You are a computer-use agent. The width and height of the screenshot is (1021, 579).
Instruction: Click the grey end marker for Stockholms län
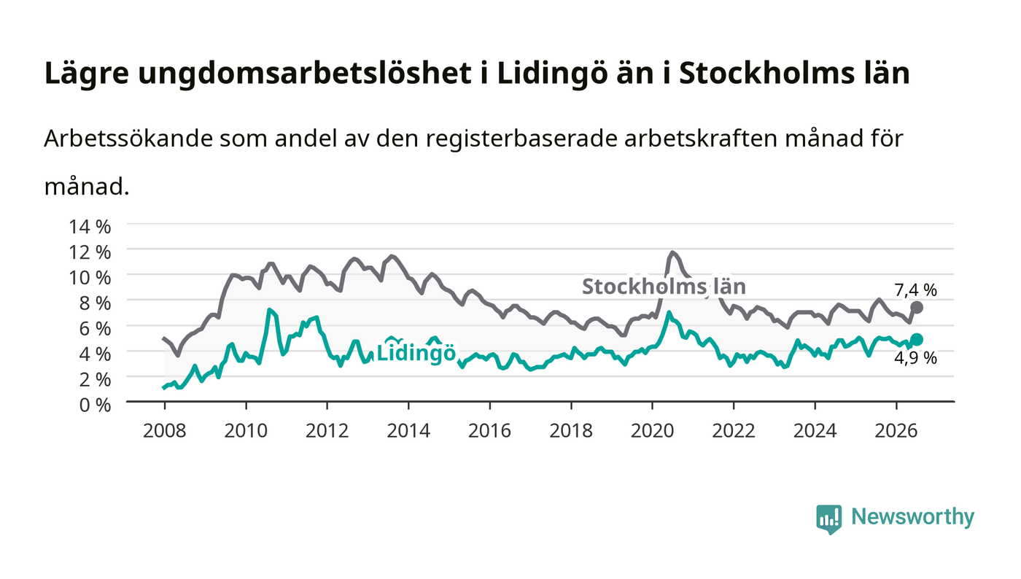coord(917,308)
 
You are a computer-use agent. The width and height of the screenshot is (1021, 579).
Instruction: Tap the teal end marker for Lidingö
coord(917,339)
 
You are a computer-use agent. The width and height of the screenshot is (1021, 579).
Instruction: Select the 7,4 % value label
coord(915,290)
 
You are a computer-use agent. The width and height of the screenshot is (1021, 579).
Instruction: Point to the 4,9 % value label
coord(915,358)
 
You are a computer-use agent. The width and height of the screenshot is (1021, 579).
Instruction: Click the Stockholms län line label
coord(664,287)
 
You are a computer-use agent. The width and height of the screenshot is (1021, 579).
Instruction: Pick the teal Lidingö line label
coord(416,353)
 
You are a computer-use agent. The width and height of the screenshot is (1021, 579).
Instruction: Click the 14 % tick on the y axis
coord(89,227)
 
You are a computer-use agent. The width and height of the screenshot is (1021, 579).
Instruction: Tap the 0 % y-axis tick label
coord(95,405)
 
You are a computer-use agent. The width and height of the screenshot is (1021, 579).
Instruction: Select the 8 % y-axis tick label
coord(95,303)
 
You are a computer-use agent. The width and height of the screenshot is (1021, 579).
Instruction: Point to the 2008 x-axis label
coord(165,431)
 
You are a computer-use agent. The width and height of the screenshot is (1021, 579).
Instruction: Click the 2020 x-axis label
coord(652,431)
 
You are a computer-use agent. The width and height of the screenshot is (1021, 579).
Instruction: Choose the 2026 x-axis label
coord(896,431)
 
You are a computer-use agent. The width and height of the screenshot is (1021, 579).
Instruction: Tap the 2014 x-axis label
coord(408,431)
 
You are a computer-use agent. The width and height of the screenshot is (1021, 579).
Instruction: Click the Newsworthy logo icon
coord(829,519)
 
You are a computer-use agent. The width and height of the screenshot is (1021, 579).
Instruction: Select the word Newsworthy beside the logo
coord(912,517)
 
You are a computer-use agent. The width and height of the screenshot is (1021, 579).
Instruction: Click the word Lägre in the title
coord(87,74)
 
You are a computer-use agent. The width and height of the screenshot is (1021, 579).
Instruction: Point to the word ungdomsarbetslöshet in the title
coord(305,74)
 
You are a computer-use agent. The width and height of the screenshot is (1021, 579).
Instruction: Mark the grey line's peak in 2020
coord(672,252)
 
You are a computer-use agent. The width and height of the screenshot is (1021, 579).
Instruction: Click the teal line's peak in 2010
coord(269,310)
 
